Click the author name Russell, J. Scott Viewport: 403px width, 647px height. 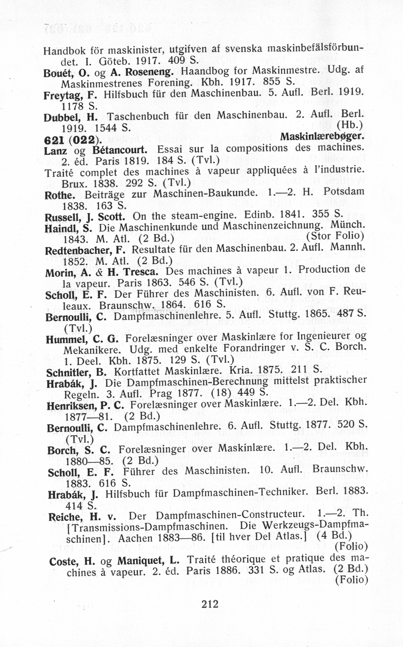click(85, 217)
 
